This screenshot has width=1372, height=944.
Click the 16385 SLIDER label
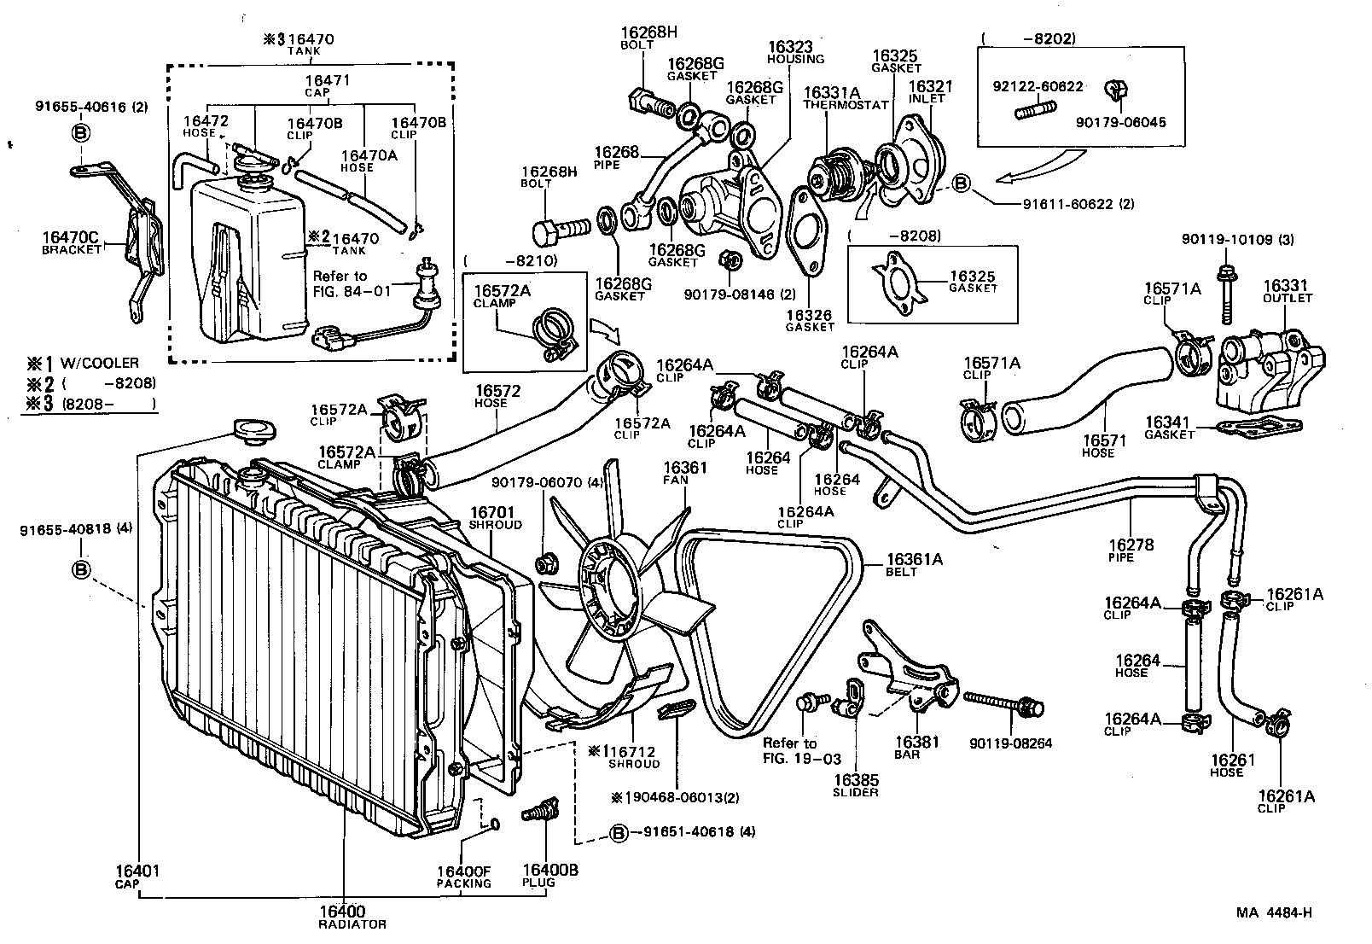[856, 785]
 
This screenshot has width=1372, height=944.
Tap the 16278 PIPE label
[1130, 551]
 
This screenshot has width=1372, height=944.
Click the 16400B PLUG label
[538, 876]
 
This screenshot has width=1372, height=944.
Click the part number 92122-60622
[1038, 86]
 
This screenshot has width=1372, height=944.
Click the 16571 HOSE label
[1104, 446]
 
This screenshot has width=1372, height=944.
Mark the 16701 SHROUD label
[495, 518]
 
